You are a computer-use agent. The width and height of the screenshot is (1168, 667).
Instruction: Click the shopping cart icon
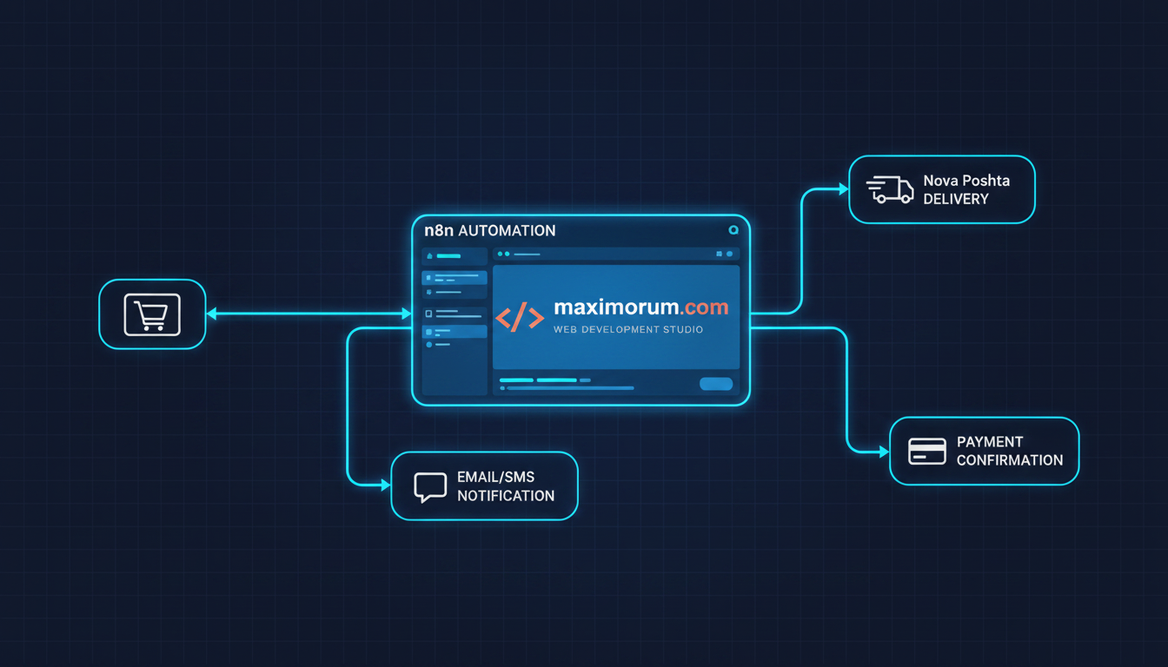(x=152, y=314)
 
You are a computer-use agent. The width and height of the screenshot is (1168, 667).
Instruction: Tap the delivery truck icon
(x=890, y=189)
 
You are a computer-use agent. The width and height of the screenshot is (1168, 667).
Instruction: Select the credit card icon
(x=926, y=452)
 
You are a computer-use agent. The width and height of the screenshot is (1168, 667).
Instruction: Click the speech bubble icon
(x=430, y=487)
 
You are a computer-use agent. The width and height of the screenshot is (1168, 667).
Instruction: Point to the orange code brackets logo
(x=520, y=317)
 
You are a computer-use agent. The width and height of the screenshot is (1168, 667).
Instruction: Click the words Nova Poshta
(x=966, y=181)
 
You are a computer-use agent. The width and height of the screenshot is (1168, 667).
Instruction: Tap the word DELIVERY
(x=956, y=199)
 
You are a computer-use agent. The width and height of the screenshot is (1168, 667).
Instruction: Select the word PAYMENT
(x=990, y=442)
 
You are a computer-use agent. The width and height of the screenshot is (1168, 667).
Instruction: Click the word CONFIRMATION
(x=1010, y=460)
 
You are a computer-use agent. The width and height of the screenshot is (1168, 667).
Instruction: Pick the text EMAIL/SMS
(x=495, y=477)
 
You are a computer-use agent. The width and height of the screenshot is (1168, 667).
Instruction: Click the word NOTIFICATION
(x=506, y=496)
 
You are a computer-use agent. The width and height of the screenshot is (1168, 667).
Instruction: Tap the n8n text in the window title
(x=439, y=230)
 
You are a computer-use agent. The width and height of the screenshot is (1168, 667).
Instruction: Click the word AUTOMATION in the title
(x=507, y=231)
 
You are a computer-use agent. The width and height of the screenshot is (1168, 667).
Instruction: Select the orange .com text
(x=703, y=307)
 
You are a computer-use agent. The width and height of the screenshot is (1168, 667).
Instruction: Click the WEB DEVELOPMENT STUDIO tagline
(x=627, y=329)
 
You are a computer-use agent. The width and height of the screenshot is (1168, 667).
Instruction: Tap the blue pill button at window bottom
(x=716, y=384)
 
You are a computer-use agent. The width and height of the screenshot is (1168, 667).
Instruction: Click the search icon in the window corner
(x=733, y=230)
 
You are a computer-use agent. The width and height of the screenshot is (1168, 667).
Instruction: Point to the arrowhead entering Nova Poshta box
(x=844, y=189)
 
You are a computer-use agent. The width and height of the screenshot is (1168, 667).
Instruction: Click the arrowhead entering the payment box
(x=885, y=452)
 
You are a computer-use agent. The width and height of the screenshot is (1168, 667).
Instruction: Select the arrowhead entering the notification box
(x=386, y=485)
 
